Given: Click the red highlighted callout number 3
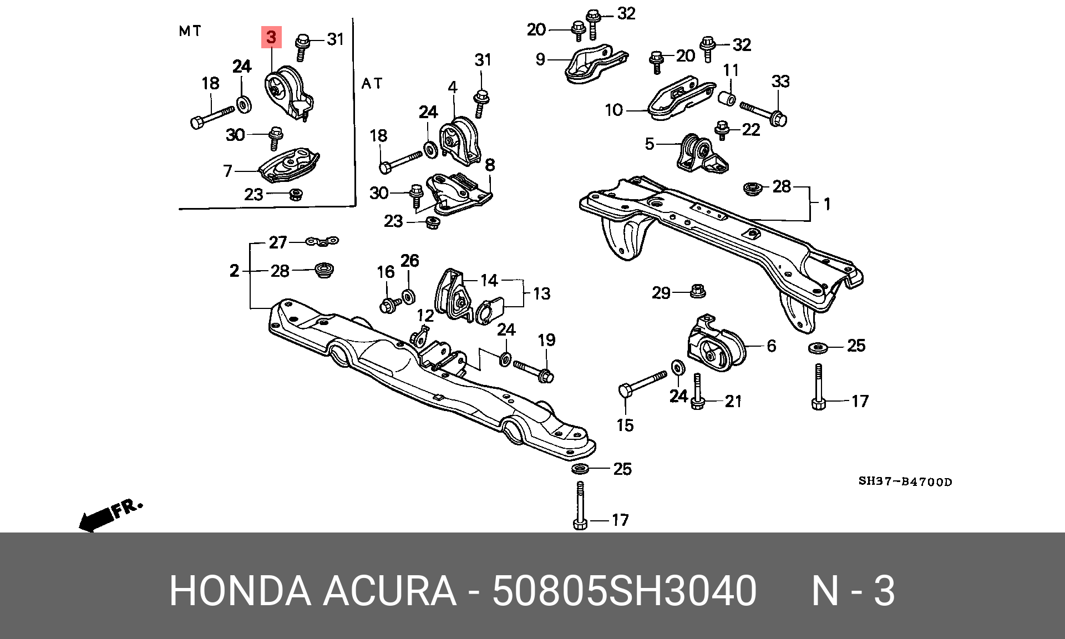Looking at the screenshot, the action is (271, 37).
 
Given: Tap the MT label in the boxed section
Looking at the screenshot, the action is (190, 31).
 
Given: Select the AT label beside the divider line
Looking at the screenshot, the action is (372, 84).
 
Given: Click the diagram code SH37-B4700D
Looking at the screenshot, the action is (905, 481).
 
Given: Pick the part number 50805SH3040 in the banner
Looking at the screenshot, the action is (624, 591).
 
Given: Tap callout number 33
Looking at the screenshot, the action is (780, 82).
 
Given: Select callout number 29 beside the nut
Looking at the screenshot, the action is (661, 292).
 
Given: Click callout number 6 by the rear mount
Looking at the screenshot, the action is (771, 346).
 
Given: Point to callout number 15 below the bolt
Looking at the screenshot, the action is (625, 425).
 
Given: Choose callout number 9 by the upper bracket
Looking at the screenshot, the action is (540, 59).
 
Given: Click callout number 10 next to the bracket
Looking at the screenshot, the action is (614, 110).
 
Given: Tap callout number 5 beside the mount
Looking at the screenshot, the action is (650, 144).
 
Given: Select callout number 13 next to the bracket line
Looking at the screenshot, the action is (541, 293).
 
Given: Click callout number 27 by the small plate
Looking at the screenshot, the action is (278, 242).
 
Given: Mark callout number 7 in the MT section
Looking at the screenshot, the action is (227, 171).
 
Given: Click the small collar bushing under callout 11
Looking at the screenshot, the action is (727, 98).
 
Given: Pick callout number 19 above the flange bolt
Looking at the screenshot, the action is (546, 340).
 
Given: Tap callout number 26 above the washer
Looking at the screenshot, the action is (410, 261).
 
